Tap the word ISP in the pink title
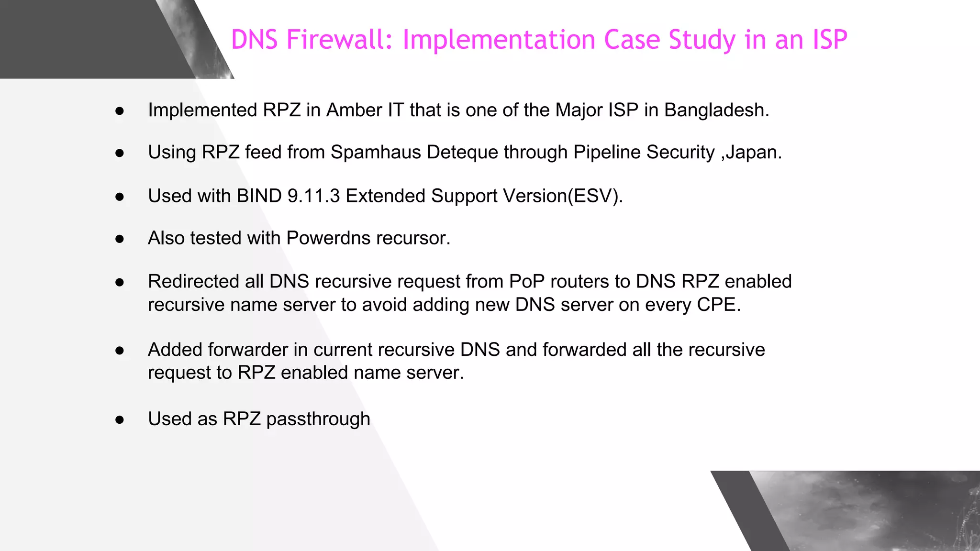point(830,40)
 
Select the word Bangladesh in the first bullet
point(716,110)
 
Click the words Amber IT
point(365,110)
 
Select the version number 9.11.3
point(313,196)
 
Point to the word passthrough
point(318,419)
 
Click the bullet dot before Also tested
point(120,239)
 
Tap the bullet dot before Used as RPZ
point(120,420)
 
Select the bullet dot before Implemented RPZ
point(120,111)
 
